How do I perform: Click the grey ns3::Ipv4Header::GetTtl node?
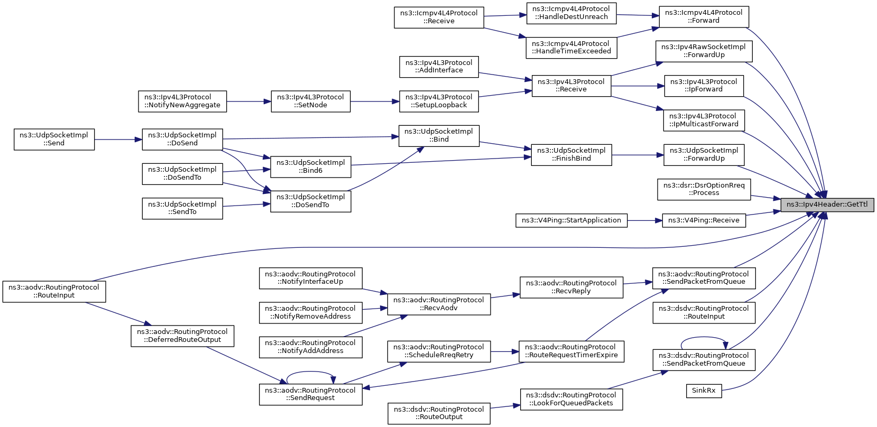point(827,205)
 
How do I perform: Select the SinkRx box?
point(704,391)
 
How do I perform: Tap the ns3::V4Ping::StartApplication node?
point(571,220)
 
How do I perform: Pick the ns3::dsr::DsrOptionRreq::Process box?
point(704,189)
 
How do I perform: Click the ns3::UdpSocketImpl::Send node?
point(54,140)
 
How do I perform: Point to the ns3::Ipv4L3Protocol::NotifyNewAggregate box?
point(182,101)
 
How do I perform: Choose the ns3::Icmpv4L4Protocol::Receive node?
point(439,17)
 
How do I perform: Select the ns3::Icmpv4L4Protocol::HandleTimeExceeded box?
point(571,48)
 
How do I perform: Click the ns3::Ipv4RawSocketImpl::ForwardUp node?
point(704,51)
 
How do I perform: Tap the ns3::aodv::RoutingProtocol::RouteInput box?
point(54,292)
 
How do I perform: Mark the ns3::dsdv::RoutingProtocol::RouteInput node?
point(704,313)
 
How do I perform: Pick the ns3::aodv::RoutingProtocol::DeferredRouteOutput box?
point(182,336)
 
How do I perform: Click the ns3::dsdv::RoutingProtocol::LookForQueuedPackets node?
point(571,399)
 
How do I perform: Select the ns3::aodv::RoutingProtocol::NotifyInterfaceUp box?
point(310,279)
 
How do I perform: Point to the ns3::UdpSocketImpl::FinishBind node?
point(571,155)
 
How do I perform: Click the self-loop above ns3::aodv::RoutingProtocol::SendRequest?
point(310,372)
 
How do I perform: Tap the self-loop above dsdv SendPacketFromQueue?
point(704,337)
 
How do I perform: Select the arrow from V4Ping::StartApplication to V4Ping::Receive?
point(645,220)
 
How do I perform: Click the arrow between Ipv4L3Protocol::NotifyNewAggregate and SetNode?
point(249,101)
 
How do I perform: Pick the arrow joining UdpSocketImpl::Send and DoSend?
point(118,140)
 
